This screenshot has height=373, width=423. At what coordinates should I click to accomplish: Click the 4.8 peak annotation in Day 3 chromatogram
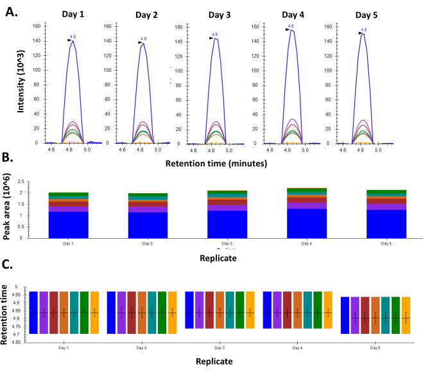pyautogui.click(x=215, y=34)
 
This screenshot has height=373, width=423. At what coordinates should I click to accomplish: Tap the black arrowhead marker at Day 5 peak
pyautogui.click(x=360, y=33)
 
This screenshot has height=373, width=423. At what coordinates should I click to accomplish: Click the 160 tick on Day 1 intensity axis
pyautogui.click(x=36, y=26)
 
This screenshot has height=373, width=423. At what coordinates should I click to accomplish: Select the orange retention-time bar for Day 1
pyautogui.click(x=95, y=313)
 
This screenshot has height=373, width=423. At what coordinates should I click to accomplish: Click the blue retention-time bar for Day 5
pyautogui.click(x=345, y=315)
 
